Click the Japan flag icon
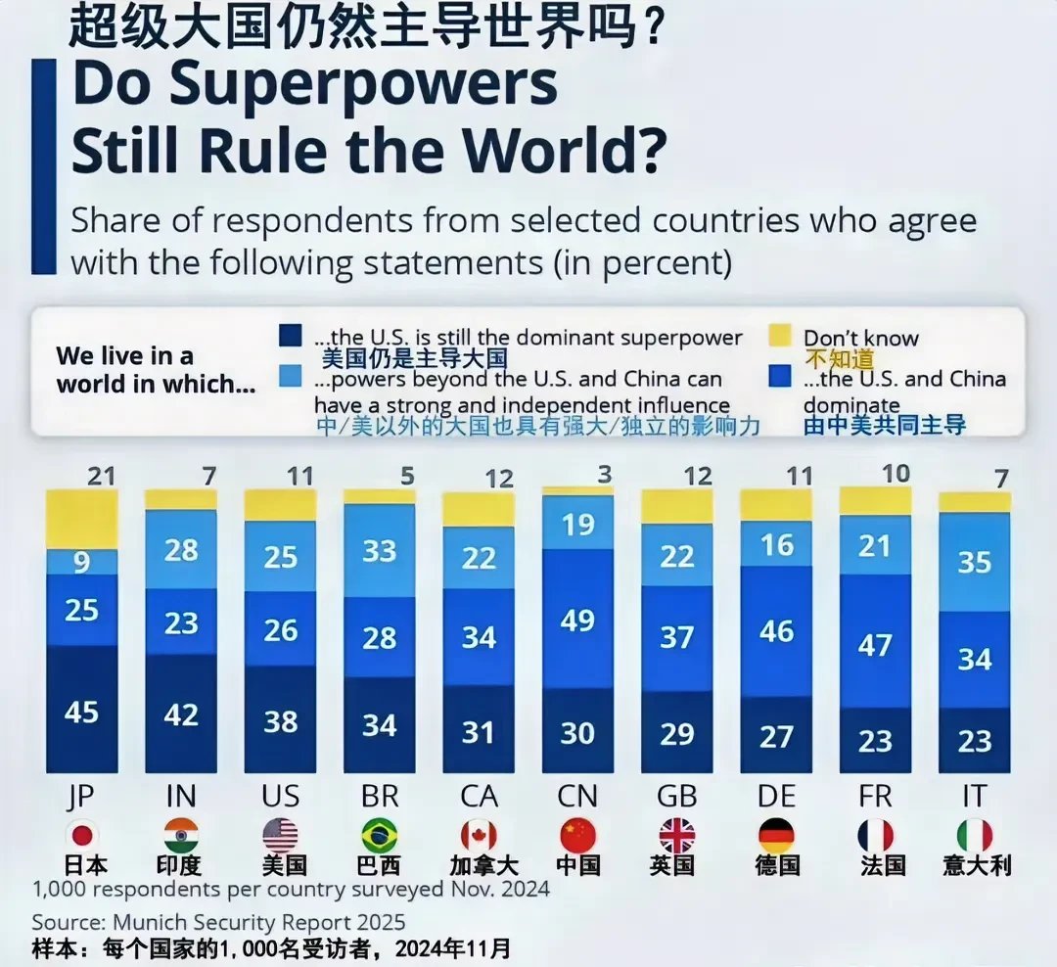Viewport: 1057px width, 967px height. [81, 835]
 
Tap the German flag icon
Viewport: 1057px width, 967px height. [776, 835]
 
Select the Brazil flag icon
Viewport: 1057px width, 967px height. [379, 835]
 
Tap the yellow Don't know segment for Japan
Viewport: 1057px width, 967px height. [81, 519]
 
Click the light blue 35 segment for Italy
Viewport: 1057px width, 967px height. [975, 562]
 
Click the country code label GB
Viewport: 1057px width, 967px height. [676, 796]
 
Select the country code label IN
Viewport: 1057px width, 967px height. [181, 796]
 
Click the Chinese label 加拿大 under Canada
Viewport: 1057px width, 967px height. [479, 865]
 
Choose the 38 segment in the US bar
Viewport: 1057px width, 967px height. [280, 720]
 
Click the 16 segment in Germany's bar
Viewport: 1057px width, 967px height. [776, 544]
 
